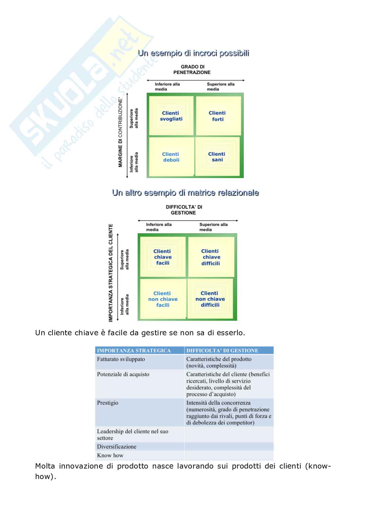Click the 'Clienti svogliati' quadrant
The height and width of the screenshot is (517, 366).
click(x=171, y=116)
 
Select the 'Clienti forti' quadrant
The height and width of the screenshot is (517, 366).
click(x=217, y=116)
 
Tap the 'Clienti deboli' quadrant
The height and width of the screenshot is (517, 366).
click(x=171, y=157)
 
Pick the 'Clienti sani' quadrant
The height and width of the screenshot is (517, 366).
click(x=217, y=157)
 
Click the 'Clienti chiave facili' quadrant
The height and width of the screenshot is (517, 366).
click(x=163, y=257)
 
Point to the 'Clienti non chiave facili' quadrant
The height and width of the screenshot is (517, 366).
click(x=163, y=299)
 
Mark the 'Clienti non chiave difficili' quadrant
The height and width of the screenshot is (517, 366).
click(x=210, y=299)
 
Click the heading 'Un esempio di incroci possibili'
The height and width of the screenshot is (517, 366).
click(x=193, y=53)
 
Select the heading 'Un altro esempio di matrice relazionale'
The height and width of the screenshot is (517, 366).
click(x=186, y=193)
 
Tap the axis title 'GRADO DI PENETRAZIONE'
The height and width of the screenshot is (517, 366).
click(x=192, y=69)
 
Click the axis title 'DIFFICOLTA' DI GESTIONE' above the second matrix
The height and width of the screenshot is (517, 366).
click(x=184, y=210)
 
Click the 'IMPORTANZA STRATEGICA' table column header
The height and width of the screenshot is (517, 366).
click(x=134, y=350)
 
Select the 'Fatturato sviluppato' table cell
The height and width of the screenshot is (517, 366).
click(x=121, y=359)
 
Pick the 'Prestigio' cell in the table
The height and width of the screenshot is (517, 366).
click(x=108, y=403)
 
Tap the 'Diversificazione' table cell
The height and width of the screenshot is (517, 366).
click(x=117, y=447)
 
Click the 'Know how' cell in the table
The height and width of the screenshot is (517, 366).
click(x=110, y=455)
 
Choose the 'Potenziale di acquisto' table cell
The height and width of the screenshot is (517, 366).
click(x=123, y=374)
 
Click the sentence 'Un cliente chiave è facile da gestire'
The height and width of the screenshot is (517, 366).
click(x=140, y=333)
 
